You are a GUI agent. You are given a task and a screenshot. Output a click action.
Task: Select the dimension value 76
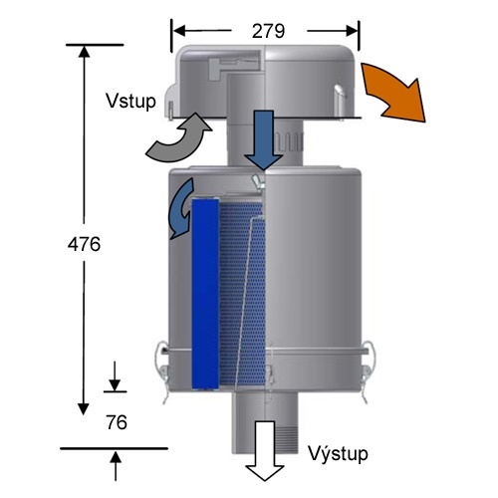click(x=117, y=423)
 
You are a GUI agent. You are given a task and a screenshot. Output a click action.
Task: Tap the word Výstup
click(x=339, y=453)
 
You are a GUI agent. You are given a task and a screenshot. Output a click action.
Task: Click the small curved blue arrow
click(x=180, y=206)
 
